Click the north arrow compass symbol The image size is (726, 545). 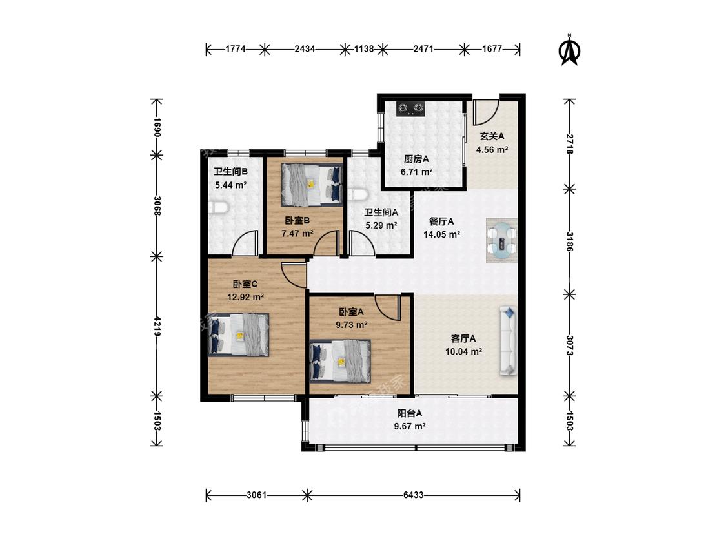(x=569, y=50)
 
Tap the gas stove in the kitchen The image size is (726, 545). (x=410, y=108)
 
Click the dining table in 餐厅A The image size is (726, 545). (x=501, y=240)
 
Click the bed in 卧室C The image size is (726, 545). (x=238, y=334)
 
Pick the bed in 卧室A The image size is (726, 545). (x=340, y=361)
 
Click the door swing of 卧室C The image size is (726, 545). (x=294, y=275)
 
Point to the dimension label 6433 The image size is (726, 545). (x=413, y=495)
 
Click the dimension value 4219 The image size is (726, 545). (x=157, y=326)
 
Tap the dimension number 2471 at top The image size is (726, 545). (x=423, y=48)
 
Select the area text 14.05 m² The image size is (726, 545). (x=441, y=234)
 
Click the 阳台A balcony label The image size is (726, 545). (x=410, y=413)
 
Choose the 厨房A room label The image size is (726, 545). (x=416, y=159)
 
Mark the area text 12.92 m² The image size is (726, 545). (x=245, y=297)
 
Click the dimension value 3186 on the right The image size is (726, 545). (x=569, y=242)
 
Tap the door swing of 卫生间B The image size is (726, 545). (x=245, y=243)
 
